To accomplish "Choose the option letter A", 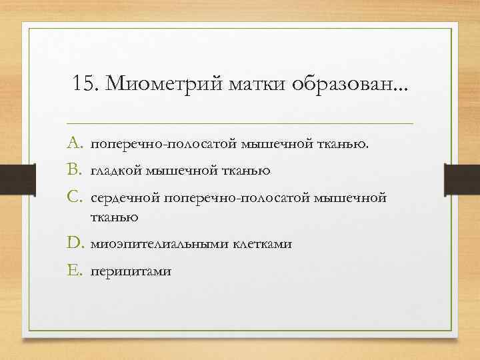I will tap(75, 144).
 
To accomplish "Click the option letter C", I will tap(75, 198).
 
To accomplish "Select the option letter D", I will tap(75, 244).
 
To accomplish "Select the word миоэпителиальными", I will tap(160, 245).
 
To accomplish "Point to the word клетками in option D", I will tap(262, 245).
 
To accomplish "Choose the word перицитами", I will tap(131, 271).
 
